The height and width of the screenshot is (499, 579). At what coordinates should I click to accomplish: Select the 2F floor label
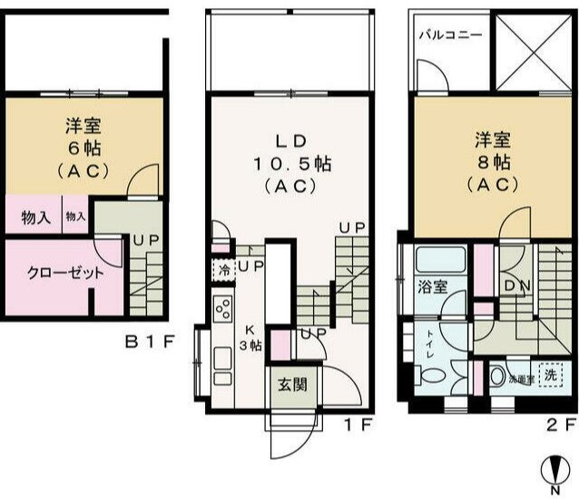560,423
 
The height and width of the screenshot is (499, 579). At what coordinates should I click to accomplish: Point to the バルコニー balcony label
451,35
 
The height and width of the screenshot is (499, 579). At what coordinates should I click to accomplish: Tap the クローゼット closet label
64,272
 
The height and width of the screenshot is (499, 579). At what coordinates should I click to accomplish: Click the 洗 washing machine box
548,374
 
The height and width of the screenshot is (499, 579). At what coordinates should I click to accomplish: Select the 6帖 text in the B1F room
83,148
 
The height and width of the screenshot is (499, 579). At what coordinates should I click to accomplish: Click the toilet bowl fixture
433,374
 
